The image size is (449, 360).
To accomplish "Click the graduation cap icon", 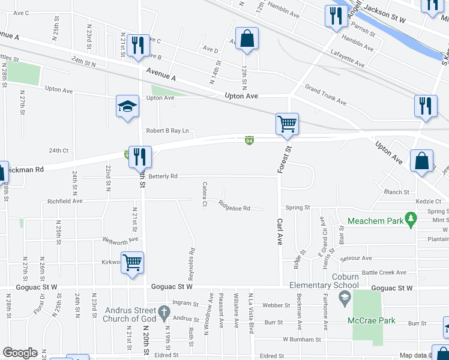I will pos(127,107).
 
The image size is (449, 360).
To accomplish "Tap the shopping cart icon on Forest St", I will pos(287,124).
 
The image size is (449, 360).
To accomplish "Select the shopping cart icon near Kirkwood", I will pos(132,262).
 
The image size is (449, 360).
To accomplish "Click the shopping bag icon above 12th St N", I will pos(247,39).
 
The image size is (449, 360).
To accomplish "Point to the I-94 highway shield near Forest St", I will pos(249,140).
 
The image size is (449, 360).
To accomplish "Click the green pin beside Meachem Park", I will pos(411,220).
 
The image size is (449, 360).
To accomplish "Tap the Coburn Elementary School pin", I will pos(345,297).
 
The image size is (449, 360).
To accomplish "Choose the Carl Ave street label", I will pos(279,231).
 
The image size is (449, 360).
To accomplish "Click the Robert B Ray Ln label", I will pos(167,131).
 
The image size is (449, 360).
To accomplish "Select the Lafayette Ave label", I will pos(347,59).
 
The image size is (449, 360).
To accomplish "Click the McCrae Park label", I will pos(372,320).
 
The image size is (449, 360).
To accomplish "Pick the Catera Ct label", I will pos(205,194).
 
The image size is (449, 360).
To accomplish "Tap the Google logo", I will pos(20,353).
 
